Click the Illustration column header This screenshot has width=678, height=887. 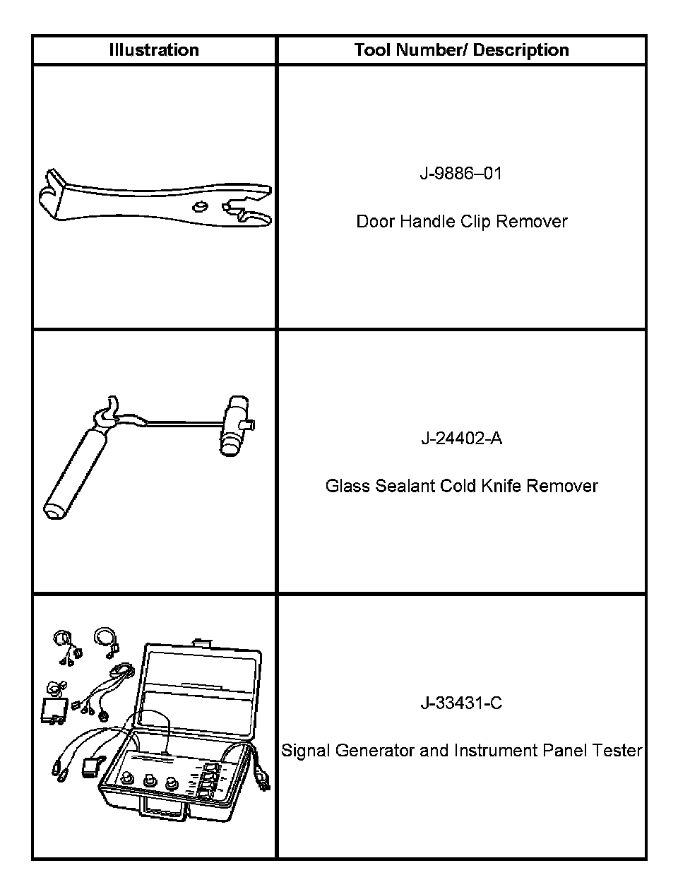154,50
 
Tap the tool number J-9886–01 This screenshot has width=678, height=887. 460,173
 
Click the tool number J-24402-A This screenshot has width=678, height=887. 461,439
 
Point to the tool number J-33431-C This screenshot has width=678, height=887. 461,703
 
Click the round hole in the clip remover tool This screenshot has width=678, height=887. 199,206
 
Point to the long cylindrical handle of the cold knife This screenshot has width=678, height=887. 76,474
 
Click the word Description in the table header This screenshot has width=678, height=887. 521,50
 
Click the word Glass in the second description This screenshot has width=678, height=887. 347,486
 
